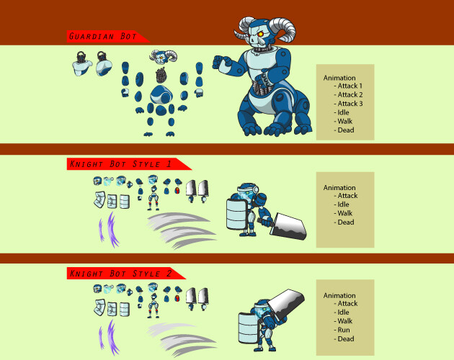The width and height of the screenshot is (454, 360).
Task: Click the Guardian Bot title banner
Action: coord(105,37)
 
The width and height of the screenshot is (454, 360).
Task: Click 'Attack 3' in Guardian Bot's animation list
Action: coord(350,104)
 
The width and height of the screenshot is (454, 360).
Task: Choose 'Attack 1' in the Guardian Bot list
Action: coord(350,86)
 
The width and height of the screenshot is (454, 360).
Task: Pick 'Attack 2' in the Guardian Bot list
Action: coord(350,94)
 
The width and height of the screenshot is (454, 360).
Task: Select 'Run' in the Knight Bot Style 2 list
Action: coord(344,330)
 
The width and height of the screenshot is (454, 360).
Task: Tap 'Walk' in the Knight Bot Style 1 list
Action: coord(345,213)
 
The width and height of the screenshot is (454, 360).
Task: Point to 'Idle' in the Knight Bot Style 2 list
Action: coord(344,312)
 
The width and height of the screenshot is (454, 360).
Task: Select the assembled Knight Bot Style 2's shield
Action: coord(247,322)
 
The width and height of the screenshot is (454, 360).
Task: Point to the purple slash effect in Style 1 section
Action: coord(108,229)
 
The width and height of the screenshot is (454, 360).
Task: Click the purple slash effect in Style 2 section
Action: coord(108,338)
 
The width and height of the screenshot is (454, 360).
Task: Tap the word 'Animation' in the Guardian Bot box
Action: coord(339,77)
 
